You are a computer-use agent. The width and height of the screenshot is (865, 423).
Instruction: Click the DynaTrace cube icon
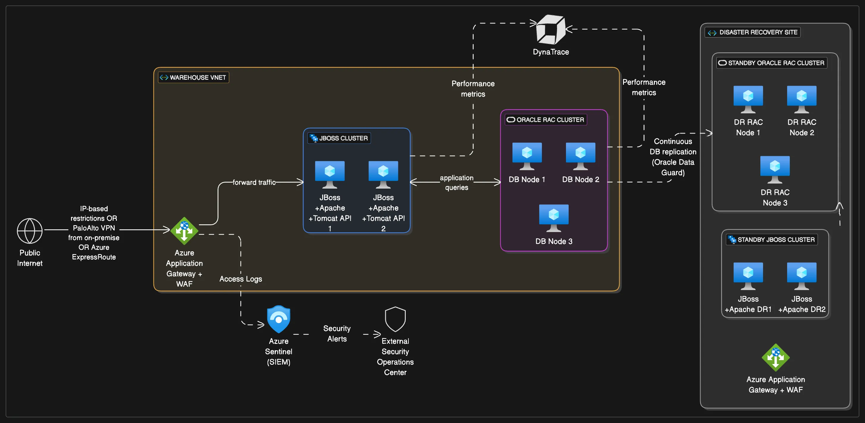pyautogui.click(x=551, y=29)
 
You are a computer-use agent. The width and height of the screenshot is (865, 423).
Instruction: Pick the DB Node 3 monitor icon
pyautogui.click(x=554, y=218)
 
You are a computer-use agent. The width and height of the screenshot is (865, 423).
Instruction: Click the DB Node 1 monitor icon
pyautogui.click(x=527, y=156)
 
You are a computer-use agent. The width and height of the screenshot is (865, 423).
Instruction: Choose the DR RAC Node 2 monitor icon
pyautogui.click(x=801, y=99)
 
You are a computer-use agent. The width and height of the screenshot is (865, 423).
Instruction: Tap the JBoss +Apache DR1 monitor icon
pyautogui.click(x=748, y=276)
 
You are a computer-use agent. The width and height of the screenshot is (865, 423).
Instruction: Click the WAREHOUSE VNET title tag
pyautogui.click(x=194, y=77)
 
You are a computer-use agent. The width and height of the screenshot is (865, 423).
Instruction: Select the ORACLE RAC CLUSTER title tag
pyautogui.click(x=546, y=120)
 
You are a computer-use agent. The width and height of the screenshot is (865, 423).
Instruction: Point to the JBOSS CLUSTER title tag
pyautogui.click(x=339, y=138)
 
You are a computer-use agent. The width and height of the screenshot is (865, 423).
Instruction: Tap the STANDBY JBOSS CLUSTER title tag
pyautogui.click(x=771, y=239)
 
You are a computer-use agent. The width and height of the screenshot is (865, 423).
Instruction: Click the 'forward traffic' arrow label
pyautogui.click(x=254, y=182)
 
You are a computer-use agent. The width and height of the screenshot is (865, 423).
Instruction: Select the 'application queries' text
pyautogui.click(x=456, y=182)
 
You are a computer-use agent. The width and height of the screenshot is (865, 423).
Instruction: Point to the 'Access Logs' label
pyautogui.click(x=240, y=279)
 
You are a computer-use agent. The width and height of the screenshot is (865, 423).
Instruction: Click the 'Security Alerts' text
pyautogui.click(x=337, y=333)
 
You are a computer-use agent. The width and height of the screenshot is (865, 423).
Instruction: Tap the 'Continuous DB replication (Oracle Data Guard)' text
pyautogui.click(x=673, y=157)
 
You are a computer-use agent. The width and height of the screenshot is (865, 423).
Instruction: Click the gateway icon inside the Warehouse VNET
pyautogui.click(x=184, y=231)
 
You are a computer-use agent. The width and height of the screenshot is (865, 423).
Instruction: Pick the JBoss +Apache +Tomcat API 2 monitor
pyautogui.click(x=383, y=174)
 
